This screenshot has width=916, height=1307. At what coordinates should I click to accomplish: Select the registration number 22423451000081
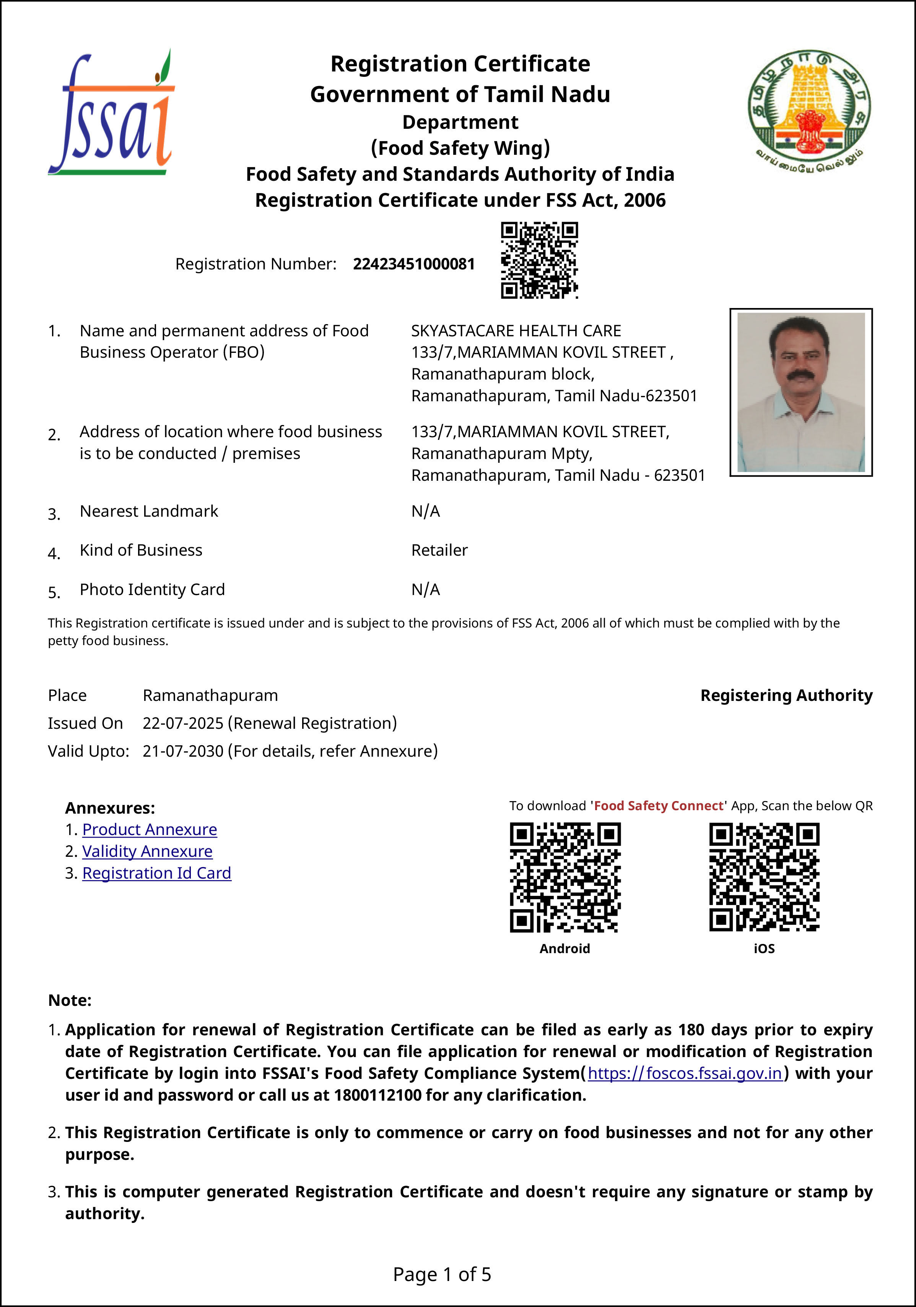click(413, 264)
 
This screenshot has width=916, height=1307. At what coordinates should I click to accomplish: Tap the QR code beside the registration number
click(539, 260)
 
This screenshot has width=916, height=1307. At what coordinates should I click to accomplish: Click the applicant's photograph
click(801, 392)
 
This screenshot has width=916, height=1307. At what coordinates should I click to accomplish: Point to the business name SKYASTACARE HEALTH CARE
click(516, 331)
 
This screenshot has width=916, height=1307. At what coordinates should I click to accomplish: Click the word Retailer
click(439, 550)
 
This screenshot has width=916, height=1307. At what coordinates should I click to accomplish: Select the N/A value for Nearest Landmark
click(426, 511)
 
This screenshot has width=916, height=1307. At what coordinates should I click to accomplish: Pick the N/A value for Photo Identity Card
click(426, 590)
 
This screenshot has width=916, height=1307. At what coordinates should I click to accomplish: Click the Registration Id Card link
click(157, 873)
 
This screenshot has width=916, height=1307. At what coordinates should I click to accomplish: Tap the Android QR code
click(565, 877)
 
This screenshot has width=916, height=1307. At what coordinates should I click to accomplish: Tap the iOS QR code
click(764, 877)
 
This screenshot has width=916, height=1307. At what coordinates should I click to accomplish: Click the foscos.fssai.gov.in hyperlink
click(685, 1073)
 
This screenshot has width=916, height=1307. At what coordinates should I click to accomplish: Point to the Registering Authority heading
click(786, 696)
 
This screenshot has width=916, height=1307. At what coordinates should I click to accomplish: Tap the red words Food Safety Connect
click(659, 806)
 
